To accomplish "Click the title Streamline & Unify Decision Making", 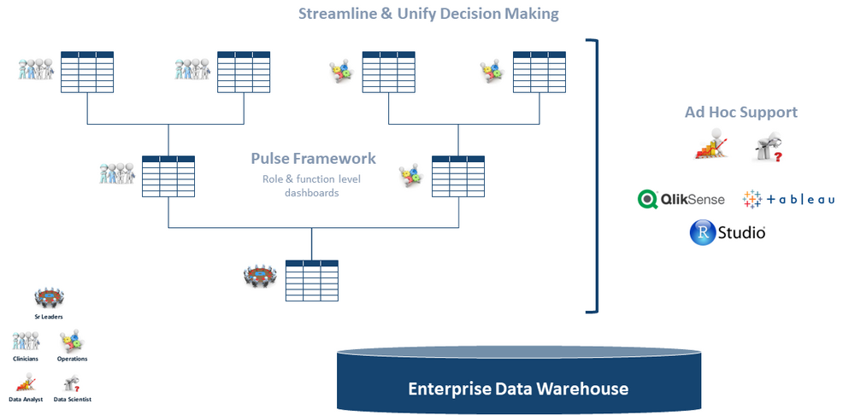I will coord(428,14).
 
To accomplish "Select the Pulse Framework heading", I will coord(313,159).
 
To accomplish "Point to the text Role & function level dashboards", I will coord(312,185).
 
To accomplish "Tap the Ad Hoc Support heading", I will coord(740,112).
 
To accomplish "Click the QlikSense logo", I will coord(681,199).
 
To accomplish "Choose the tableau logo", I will coord(788,199).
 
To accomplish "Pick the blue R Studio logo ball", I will coord(703,232).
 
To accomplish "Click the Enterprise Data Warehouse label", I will coord(518,389).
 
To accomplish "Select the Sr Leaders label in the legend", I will coord(49,316).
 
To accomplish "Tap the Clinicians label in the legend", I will coord(25,359).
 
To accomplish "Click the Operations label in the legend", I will coord(73,359).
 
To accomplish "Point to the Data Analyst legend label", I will coord(26,399).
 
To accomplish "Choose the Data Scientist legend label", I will coord(73,399).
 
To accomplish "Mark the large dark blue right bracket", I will coord(593,174).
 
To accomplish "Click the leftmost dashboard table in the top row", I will coord(87,72).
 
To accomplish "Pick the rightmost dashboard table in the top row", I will coord(539,72).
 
